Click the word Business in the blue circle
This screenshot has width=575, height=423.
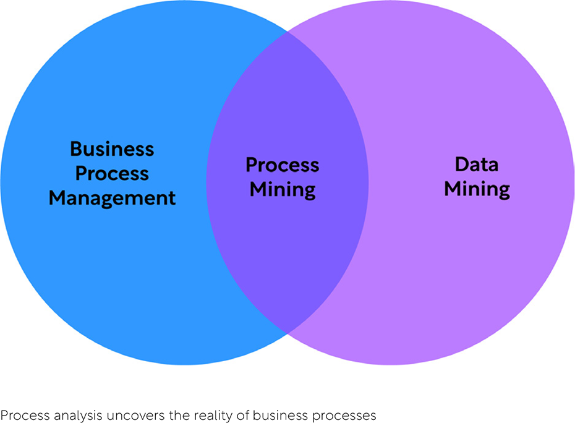coord(112,149)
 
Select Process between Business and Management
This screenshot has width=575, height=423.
coord(112,174)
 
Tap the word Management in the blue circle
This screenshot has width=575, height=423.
coord(112,199)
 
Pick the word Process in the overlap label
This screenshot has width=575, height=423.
coord(283,165)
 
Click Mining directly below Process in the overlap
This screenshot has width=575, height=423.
coord(283,190)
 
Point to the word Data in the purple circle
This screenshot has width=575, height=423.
coord(477,164)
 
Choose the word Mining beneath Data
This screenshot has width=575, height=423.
coord(477,189)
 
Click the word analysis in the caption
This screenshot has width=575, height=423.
coord(78,416)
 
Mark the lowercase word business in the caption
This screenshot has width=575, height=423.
coord(281,416)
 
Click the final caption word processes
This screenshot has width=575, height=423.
coord(344,416)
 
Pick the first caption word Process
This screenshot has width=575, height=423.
coord(25,416)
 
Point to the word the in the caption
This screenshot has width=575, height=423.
coord(179,416)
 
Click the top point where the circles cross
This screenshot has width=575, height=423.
coord(287,32)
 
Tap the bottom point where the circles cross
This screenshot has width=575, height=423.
coord(287,333)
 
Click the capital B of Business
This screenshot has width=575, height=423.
coord(76,149)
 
